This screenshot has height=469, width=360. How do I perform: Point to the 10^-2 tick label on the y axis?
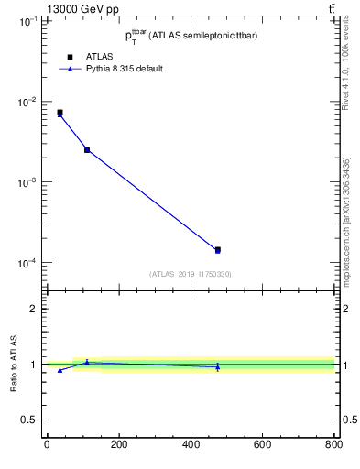27,102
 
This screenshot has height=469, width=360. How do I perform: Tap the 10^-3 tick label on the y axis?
27,182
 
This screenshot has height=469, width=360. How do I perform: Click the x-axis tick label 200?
118,444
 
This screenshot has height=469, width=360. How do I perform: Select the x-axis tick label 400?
191,444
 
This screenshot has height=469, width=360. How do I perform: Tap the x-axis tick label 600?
262,444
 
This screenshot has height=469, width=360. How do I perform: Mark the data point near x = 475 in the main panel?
217,249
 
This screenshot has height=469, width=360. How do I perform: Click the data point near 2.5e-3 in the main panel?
87,149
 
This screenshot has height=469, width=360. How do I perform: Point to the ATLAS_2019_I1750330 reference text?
190,274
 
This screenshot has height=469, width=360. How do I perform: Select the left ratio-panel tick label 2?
34,309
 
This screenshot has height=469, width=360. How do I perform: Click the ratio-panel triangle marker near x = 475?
217,367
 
